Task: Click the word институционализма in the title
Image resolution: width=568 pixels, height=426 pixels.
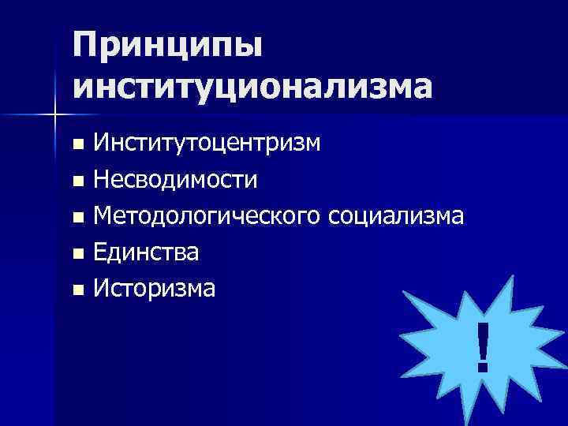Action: [x=253, y=84]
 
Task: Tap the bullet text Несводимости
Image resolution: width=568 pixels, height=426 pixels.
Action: [x=175, y=180]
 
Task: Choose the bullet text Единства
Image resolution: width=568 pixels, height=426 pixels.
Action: [x=146, y=252]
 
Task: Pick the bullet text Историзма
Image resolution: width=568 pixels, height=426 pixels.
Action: [x=154, y=289]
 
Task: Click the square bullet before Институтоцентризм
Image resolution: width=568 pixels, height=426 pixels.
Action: [x=77, y=145]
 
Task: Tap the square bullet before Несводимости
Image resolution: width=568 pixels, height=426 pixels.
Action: [x=77, y=181]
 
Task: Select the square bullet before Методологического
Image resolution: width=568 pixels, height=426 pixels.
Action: [x=77, y=218]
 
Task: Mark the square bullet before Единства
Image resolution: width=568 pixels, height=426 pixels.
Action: [x=77, y=254]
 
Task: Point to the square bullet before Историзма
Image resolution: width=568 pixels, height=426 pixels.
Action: [x=77, y=290]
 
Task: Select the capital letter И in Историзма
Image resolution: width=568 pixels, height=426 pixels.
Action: [x=101, y=289]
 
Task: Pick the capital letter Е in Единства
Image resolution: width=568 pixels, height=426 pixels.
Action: [x=100, y=252]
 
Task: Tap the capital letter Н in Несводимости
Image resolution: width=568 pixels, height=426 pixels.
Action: [x=102, y=180]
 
